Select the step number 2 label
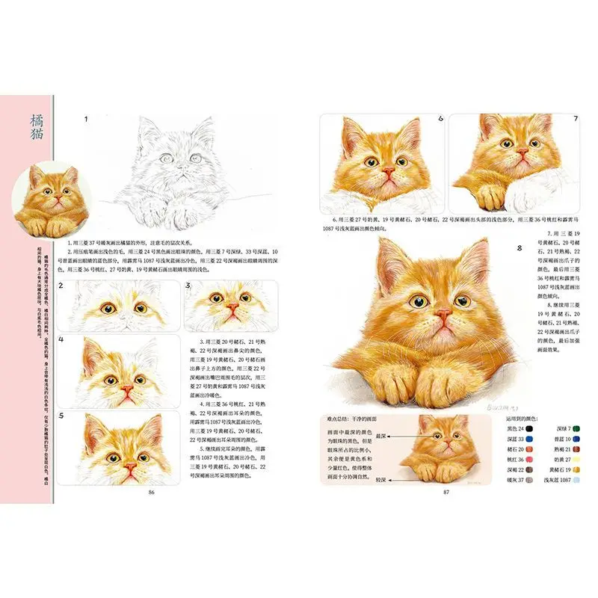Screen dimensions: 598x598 62,286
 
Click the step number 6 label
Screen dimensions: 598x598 441,118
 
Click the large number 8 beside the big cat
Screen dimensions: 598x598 519,248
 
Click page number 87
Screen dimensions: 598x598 446,492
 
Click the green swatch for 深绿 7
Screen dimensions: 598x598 577,429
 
